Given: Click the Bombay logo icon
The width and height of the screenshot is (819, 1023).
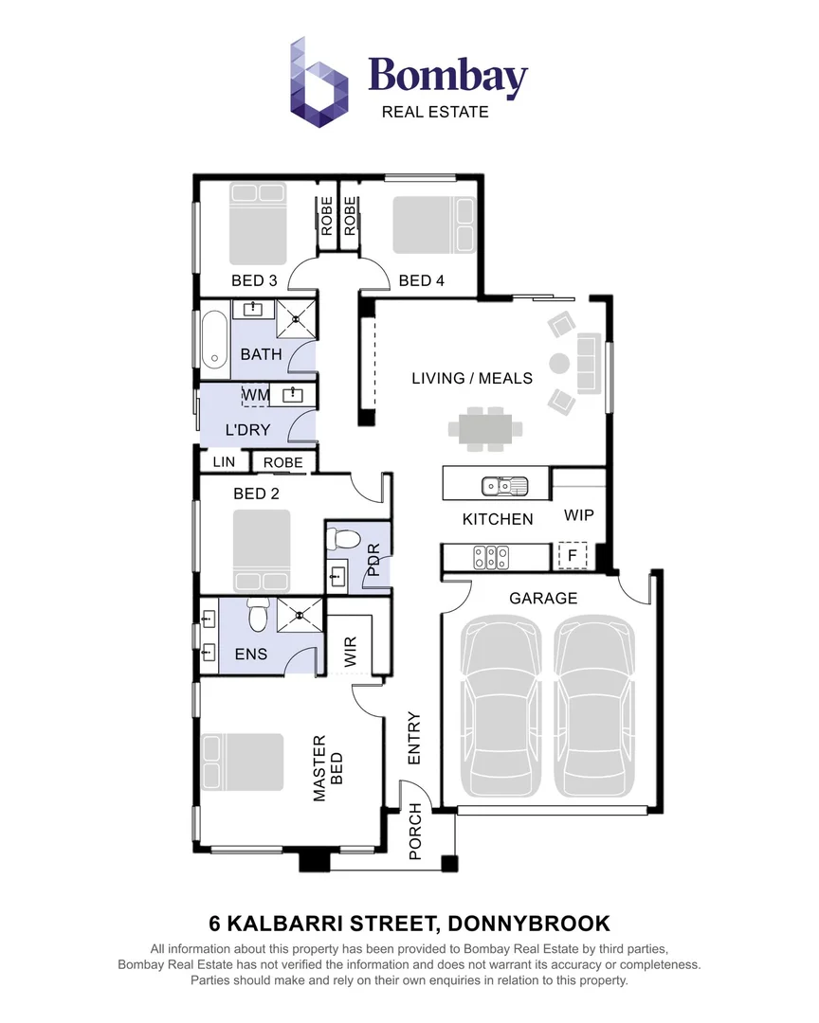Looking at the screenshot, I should (319, 81).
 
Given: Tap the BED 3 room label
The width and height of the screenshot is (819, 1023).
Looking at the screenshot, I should (254, 280).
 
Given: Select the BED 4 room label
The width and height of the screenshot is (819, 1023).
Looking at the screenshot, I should (421, 280).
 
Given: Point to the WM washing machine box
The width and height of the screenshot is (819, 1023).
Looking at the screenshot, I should (256, 394).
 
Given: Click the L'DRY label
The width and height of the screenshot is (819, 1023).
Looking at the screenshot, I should (247, 429).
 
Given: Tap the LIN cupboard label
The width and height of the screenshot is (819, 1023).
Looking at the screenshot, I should (224, 462).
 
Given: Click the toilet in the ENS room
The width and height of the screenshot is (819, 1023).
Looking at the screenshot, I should (255, 618).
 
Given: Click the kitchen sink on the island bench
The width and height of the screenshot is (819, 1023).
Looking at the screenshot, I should (504, 487).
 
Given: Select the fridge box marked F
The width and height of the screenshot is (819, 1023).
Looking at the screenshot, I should (572, 555).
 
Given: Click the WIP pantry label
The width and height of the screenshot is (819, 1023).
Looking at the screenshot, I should (578, 516).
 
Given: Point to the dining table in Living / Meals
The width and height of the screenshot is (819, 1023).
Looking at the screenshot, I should (485, 427).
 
